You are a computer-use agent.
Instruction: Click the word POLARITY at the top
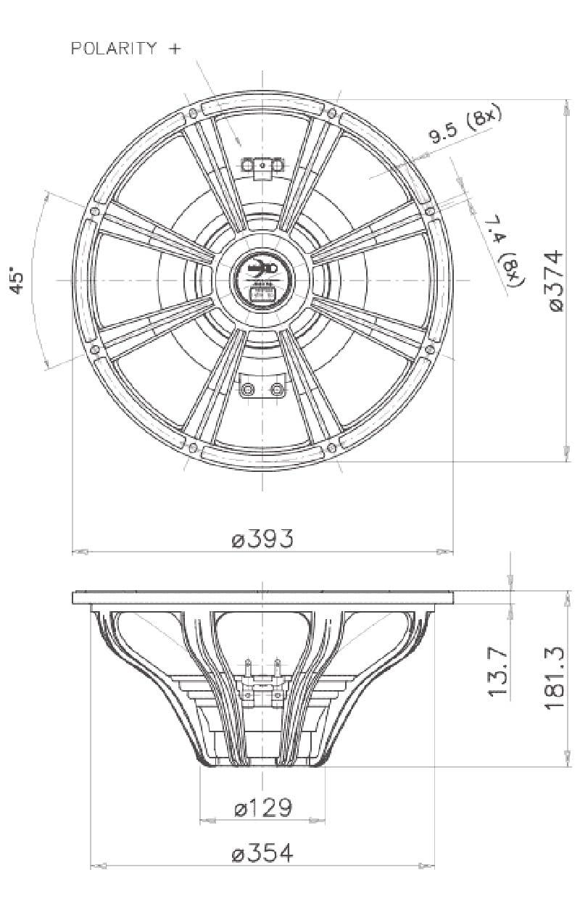point(113,49)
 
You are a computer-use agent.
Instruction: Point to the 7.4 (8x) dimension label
point(505,250)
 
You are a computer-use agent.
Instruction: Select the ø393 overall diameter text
point(262,539)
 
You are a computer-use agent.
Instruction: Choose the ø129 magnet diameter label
point(262,807)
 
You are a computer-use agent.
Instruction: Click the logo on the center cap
point(262,269)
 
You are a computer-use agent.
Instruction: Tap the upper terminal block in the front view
point(262,166)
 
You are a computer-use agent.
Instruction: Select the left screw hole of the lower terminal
point(249,389)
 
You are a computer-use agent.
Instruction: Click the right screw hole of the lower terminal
point(276,389)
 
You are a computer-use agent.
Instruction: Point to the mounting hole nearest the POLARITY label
point(193,114)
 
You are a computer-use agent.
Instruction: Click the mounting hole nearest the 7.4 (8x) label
point(430,211)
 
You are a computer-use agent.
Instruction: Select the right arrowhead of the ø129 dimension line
point(318,821)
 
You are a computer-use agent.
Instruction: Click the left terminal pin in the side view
point(249,666)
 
